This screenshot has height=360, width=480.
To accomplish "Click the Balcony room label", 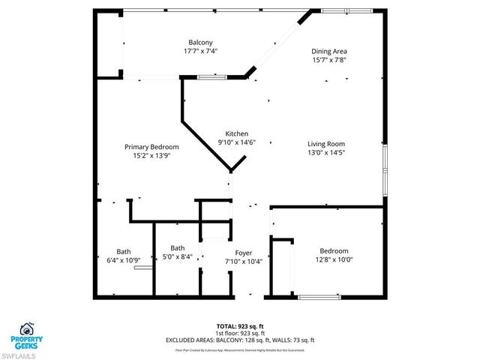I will [x=200, y=42].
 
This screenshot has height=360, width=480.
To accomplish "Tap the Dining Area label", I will [x=329, y=51].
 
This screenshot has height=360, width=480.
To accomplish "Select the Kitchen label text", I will [x=237, y=133].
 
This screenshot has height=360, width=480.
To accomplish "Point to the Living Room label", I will [x=325, y=144].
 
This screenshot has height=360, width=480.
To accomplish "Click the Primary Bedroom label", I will [x=151, y=147].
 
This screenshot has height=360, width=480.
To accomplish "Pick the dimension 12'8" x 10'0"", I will [x=334, y=259].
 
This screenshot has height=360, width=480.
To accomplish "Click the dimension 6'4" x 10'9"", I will [x=123, y=259].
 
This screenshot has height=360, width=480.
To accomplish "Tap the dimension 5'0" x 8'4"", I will [x=177, y=256].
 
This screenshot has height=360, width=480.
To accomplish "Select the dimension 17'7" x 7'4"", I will [x=200, y=51].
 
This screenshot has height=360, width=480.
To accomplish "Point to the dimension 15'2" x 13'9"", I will [x=151, y=155].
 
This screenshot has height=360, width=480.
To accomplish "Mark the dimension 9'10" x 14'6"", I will [x=237, y=142].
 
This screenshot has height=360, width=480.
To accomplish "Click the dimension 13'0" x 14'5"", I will [x=325, y=152].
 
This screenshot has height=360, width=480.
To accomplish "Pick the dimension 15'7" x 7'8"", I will [x=329, y=59].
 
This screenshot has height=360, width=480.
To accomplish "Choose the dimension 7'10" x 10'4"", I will [x=244, y=262].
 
